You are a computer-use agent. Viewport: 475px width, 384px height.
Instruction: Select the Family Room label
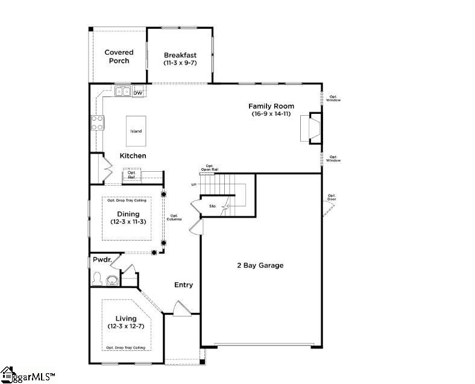point(271,106)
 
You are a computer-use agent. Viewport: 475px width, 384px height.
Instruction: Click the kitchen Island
point(136,131)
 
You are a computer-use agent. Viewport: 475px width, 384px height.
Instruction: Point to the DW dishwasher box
point(138,93)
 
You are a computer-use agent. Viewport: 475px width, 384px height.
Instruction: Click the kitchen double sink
point(123,92)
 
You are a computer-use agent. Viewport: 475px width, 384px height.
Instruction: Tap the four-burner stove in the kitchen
point(96,123)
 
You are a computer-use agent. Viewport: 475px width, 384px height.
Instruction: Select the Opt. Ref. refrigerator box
point(132,175)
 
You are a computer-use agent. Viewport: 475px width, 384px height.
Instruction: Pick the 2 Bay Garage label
point(259,265)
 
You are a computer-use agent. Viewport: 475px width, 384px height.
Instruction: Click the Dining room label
point(128,214)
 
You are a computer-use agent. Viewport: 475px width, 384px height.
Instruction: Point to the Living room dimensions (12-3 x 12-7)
point(126,326)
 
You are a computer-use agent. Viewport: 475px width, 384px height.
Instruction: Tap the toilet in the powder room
point(96,280)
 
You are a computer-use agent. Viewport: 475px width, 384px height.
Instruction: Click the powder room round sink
point(112,280)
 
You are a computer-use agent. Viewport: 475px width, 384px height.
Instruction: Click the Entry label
point(184,285)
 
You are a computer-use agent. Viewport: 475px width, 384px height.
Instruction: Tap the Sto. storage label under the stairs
point(212,206)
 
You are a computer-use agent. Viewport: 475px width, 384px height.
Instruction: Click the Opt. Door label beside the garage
point(332,197)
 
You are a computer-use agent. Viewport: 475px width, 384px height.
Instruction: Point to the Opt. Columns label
point(175,218)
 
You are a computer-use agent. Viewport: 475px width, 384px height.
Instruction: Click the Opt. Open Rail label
point(210,168)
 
